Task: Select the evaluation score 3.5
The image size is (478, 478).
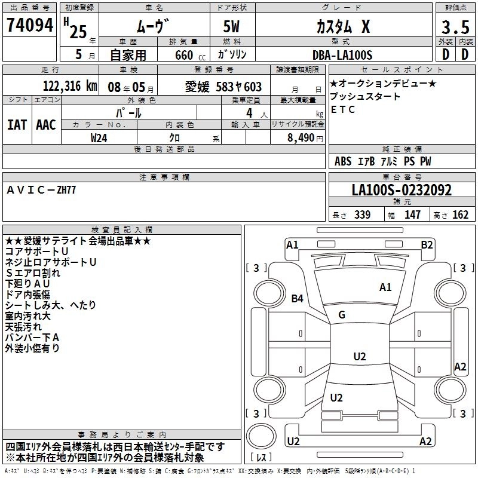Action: [x=454, y=27]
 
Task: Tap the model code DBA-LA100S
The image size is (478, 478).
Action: [x=342, y=55]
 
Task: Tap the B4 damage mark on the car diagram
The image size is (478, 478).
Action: [x=298, y=298]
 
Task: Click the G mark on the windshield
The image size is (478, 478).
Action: [x=342, y=315]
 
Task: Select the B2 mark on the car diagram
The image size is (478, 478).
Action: [x=427, y=244]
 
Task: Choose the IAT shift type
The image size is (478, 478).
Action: [x=17, y=125]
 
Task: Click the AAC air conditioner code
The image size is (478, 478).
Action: [x=46, y=125]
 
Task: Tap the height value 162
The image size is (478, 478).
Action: [x=461, y=215]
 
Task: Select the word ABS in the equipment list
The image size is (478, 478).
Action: [x=343, y=161]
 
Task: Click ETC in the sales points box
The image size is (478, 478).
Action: [x=343, y=109]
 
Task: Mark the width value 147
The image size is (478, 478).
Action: [x=412, y=215]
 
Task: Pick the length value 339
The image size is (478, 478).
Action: [x=362, y=215]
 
